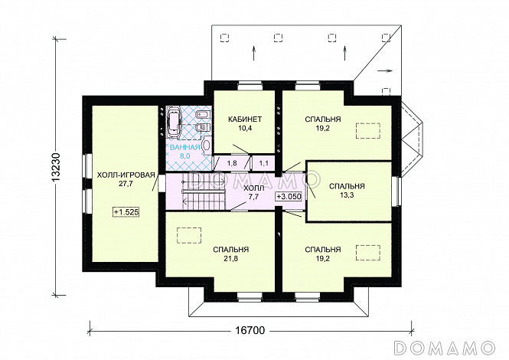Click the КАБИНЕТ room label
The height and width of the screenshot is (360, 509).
[245, 119]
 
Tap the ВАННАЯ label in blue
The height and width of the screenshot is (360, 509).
[184, 147]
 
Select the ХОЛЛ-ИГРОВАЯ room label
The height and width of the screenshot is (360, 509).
[126, 175]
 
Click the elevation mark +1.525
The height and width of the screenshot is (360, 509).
[126, 212]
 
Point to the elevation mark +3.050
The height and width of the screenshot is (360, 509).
[289, 197]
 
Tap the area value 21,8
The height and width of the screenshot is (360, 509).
[231, 259]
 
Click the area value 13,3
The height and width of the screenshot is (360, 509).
[347, 195]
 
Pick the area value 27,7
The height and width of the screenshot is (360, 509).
[126, 184]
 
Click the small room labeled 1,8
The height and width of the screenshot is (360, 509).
[231, 163]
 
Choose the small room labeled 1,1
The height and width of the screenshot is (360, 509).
[263, 163]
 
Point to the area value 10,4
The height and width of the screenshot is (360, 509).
[245, 128]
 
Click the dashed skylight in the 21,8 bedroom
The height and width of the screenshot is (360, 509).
[189, 235]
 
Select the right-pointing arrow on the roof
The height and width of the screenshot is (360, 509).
[385, 70]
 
